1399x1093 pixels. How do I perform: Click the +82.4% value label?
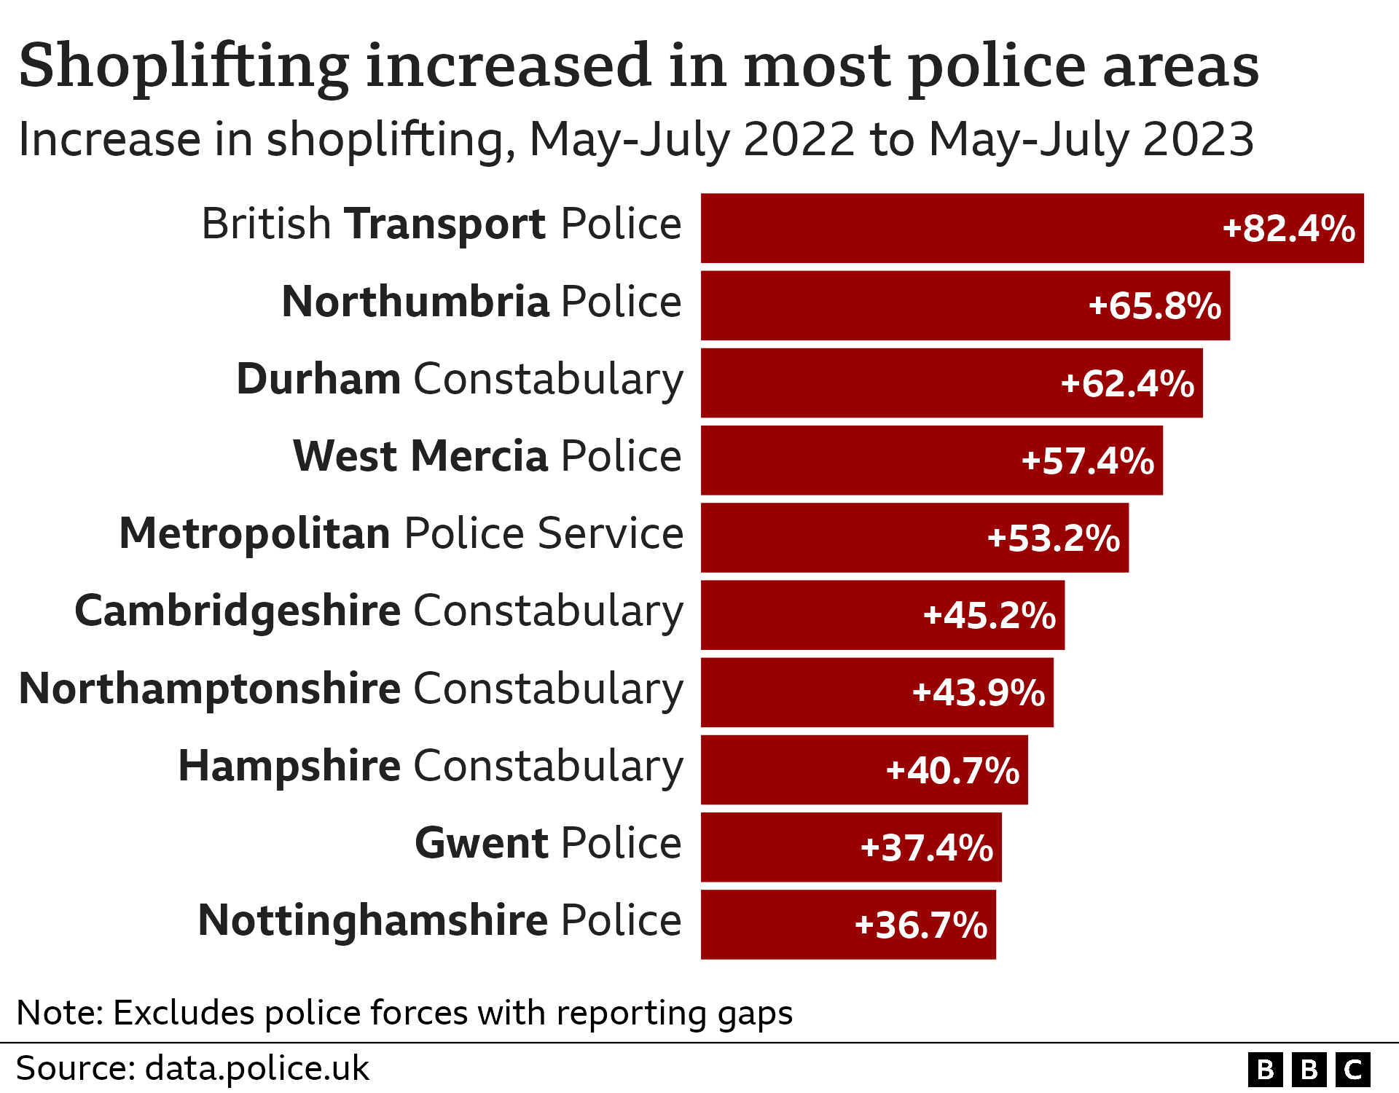coord(1288,229)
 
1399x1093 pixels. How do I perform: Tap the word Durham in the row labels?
coord(318,379)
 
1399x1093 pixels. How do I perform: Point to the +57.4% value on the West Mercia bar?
coord(1087,461)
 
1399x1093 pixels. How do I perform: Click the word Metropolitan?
coord(255,533)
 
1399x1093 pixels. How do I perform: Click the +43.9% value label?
coord(978,692)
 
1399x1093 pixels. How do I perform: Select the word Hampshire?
coord(289,766)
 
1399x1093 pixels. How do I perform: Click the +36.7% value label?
coord(920,925)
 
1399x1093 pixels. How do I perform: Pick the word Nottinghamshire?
coord(372,920)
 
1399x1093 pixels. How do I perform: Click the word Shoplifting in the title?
coord(184,67)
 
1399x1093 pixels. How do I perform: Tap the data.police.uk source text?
coord(256,1069)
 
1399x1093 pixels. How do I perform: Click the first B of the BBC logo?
coord(1266,1070)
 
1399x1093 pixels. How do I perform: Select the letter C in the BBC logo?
coord(1353,1070)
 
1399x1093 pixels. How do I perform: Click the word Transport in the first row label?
coord(444,224)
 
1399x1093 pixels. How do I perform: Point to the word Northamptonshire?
coord(210,689)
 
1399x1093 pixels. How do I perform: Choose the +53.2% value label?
coord(1053,538)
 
